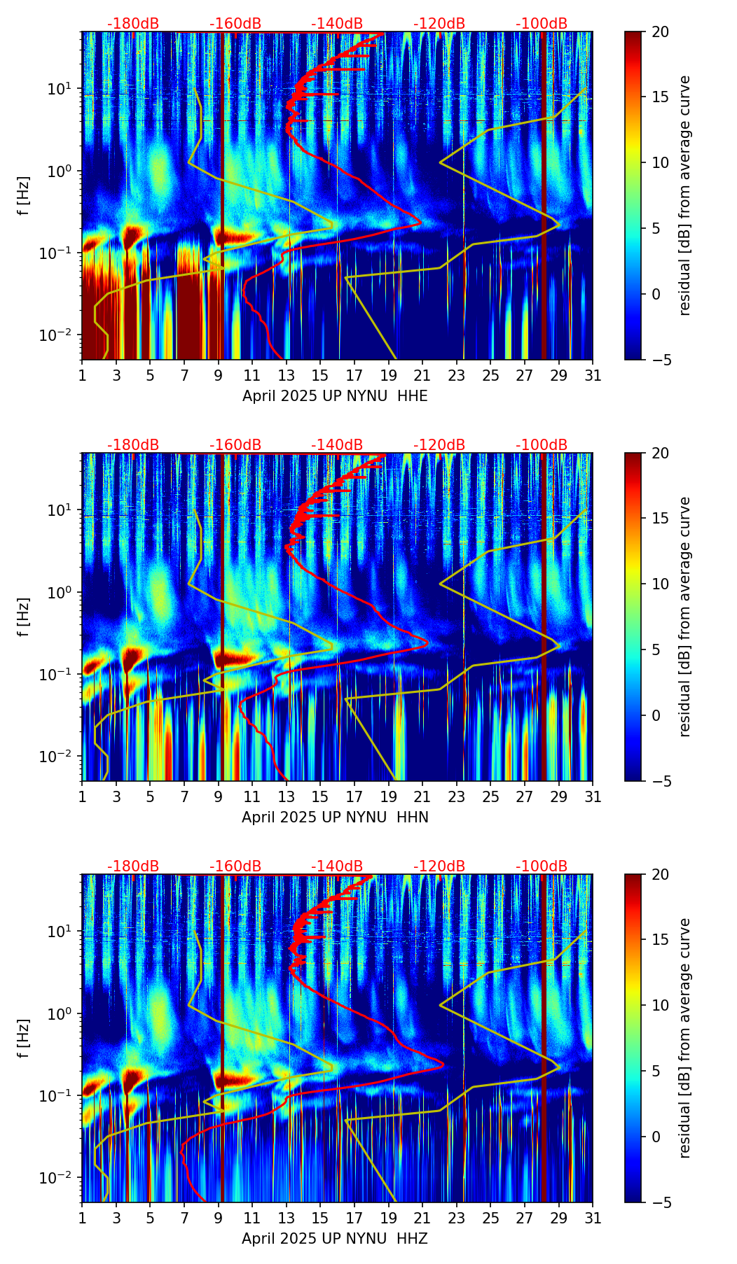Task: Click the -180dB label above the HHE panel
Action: pyautogui.click(x=133, y=24)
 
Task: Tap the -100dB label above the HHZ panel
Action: pyautogui.click(x=542, y=866)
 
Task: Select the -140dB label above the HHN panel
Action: pyautogui.click(x=337, y=445)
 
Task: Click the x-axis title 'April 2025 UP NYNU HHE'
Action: pyautogui.click(x=335, y=396)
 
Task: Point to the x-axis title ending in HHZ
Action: pyautogui.click(x=335, y=1239)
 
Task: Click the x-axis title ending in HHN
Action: pyautogui.click(x=335, y=817)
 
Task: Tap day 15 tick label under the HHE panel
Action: pyautogui.click(x=319, y=375)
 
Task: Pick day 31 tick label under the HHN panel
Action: pyautogui.click(x=593, y=796)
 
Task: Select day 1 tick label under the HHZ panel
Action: pyautogui.click(x=83, y=1218)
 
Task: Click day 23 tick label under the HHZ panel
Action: pyautogui.click(x=457, y=1218)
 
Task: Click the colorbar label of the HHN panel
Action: pyautogui.click(x=685, y=617)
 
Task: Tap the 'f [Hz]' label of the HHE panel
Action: pyautogui.click(x=24, y=195)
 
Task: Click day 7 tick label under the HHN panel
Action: pyautogui.click(x=184, y=796)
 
